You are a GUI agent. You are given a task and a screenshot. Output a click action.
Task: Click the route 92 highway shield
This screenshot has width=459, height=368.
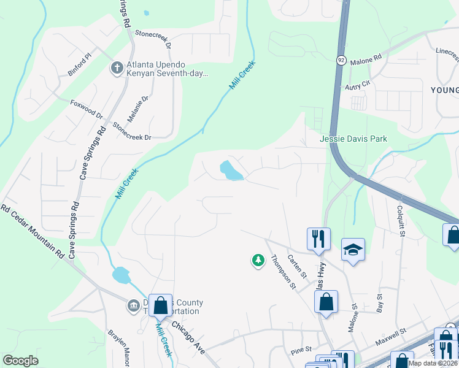click(x=341, y=60)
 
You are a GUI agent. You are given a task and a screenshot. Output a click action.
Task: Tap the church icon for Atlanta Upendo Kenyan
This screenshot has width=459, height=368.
click(x=117, y=67)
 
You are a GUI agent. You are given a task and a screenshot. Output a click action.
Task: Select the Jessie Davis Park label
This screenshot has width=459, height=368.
click(x=353, y=139)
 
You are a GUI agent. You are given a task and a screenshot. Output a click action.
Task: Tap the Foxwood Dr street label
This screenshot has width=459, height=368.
click(x=87, y=109)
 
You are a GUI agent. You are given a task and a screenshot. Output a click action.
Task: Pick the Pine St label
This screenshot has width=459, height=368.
click(x=301, y=350)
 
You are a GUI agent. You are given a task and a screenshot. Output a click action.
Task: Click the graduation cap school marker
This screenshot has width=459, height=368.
click(x=353, y=250)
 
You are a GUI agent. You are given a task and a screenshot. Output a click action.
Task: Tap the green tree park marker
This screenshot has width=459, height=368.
click(x=258, y=261)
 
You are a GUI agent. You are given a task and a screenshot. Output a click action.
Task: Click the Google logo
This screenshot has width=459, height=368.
click(x=21, y=361)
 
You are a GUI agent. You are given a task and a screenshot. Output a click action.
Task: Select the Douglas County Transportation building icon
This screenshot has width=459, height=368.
click(x=133, y=305)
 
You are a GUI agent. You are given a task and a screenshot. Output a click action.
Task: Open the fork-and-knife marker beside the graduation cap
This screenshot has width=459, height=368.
click(x=318, y=238)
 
